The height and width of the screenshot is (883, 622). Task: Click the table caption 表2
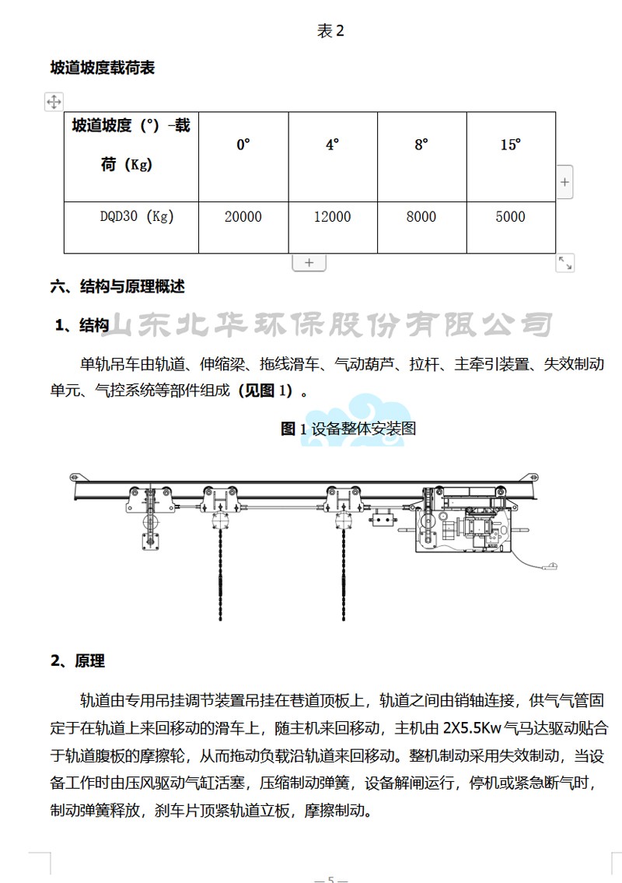(330, 31)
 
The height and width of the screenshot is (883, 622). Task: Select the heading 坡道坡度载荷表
(103, 68)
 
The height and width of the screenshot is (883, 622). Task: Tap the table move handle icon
(54, 102)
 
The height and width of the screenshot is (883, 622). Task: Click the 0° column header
(243, 145)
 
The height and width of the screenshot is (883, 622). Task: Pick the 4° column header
(332, 145)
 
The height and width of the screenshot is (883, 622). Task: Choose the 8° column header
(421, 145)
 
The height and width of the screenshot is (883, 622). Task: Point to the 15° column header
(511, 145)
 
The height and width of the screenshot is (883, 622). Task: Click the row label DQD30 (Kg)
(137, 216)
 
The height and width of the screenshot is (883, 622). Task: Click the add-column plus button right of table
(564, 182)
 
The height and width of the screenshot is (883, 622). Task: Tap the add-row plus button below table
(309, 262)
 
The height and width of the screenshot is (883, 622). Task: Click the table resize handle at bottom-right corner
(564, 263)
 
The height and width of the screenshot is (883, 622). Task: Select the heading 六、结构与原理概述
(117, 286)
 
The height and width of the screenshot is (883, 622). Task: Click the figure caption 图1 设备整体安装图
(348, 429)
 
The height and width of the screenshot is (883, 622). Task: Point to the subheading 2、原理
(78, 660)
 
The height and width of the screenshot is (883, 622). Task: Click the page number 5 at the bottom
(331, 879)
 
